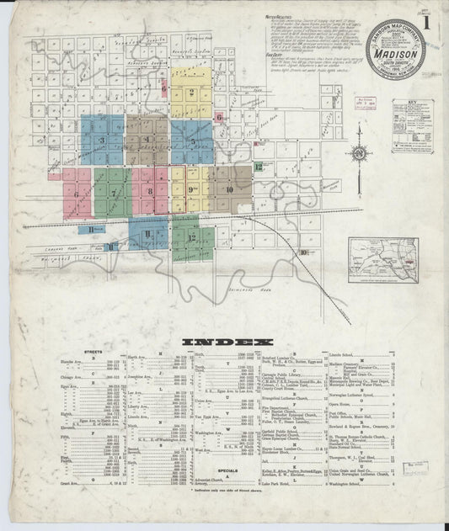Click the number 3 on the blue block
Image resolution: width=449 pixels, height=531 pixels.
click(x=102, y=141)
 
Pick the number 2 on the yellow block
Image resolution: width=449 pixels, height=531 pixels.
click(x=192, y=93)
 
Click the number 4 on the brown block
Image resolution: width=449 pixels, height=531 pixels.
click(x=147, y=140)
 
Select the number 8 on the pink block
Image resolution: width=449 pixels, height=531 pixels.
click(x=150, y=191)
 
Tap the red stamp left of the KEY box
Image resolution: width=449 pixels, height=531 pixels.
click(x=366, y=105)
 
